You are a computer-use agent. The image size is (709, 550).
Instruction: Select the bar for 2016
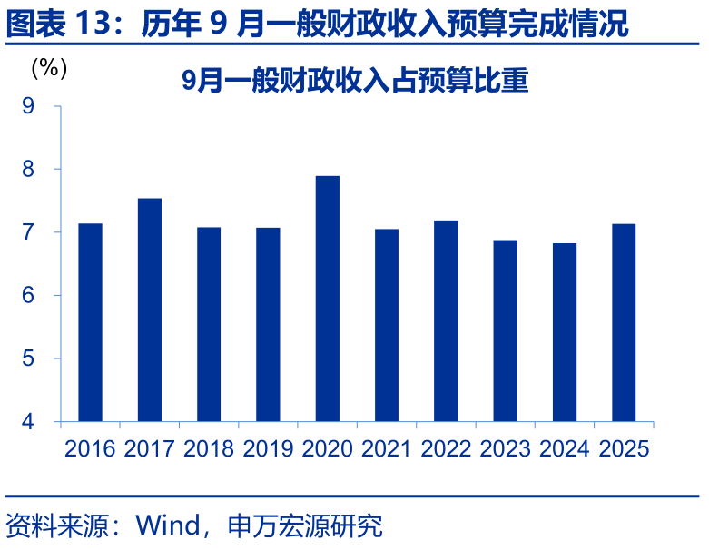(90, 322)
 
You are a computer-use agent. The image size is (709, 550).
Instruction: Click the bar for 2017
(150, 309)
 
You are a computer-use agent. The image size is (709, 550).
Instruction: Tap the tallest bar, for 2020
(327, 299)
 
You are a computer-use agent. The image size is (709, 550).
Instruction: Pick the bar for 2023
(505, 330)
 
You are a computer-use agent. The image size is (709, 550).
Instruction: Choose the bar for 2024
(565, 332)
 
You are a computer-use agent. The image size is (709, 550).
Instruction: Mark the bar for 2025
(624, 322)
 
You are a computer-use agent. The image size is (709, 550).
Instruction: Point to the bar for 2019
(268, 324)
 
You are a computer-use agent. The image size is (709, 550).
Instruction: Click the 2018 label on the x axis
(209, 448)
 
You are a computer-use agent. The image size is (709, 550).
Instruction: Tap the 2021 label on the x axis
(387, 448)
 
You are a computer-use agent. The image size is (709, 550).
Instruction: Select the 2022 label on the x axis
(446, 448)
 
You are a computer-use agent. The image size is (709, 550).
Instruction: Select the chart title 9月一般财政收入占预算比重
(354, 81)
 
